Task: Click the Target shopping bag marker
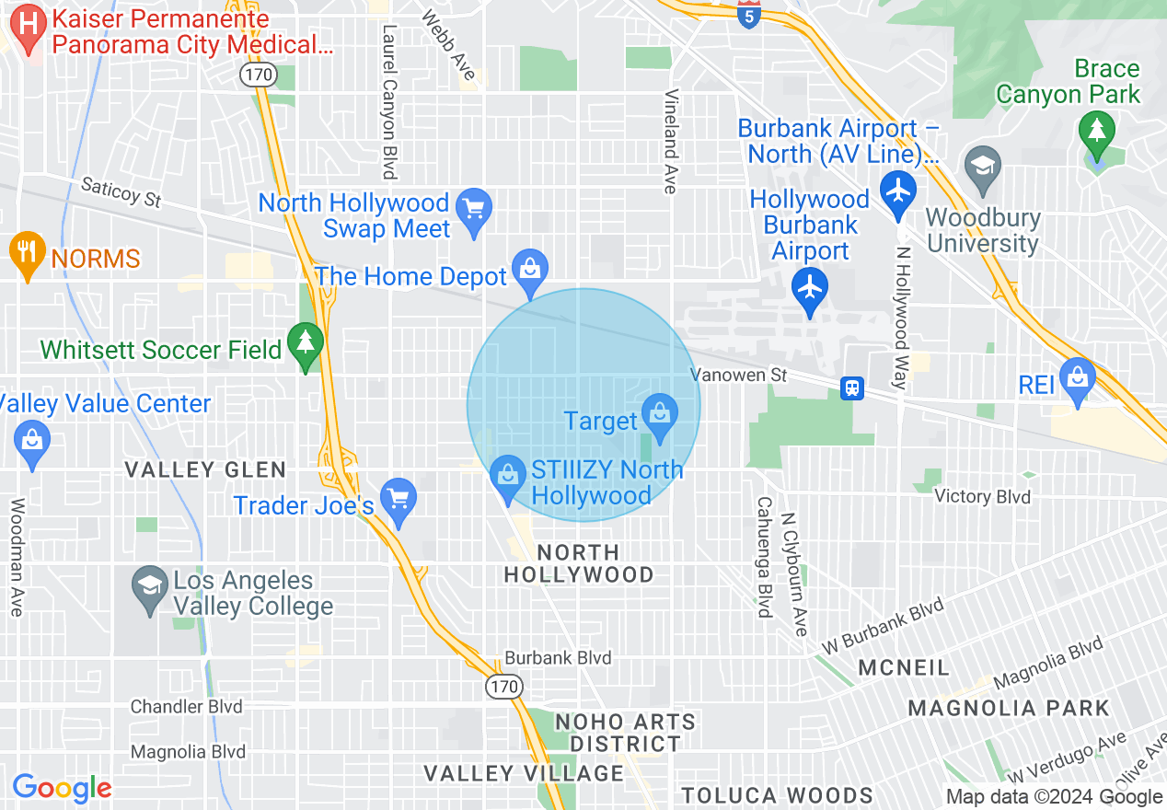click(660, 413)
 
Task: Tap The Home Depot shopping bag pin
click(530, 269)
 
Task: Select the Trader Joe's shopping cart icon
click(398, 499)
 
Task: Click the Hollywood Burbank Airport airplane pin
click(810, 288)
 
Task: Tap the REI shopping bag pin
click(1076, 377)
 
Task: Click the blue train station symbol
click(853, 388)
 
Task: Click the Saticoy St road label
click(121, 192)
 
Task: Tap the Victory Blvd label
click(982, 497)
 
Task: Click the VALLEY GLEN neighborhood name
click(205, 470)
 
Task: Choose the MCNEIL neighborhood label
click(903, 667)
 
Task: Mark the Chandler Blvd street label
click(187, 707)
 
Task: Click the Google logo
click(62, 788)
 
